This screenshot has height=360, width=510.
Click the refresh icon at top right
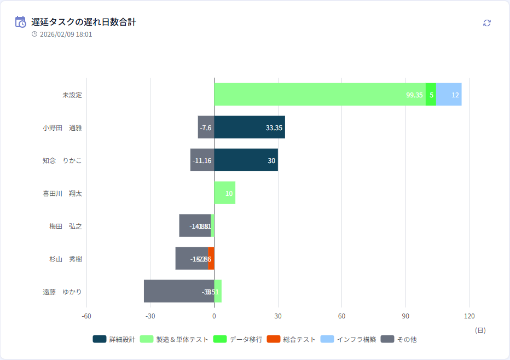tap(487, 23)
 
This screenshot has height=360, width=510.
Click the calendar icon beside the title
tap(20, 22)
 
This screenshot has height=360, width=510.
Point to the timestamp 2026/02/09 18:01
tap(66, 34)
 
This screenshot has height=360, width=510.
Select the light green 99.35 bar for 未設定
tap(320, 94)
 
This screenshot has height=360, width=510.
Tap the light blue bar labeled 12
tap(449, 94)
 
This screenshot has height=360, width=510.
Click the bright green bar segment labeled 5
tap(431, 94)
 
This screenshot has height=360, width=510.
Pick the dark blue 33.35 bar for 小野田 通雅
tap(249, 127)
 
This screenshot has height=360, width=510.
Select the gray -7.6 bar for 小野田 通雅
tap(206, 127)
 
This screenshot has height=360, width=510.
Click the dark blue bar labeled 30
tap(246, 160)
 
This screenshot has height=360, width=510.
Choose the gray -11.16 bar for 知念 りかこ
tap(202, 160)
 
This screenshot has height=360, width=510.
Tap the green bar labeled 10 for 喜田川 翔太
tap(224, 193)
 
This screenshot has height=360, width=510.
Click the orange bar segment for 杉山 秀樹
tap(211, 258)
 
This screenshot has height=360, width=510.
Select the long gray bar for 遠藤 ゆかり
tap(175, 291)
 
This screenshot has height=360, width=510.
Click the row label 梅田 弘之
tap(65, 226)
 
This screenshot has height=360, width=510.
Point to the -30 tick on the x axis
tap(150, 316)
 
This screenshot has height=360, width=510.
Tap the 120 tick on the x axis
tap(469, 316)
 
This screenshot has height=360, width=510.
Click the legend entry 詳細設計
tap(114, 339)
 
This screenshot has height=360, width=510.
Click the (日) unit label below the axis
tap(479, 330)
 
